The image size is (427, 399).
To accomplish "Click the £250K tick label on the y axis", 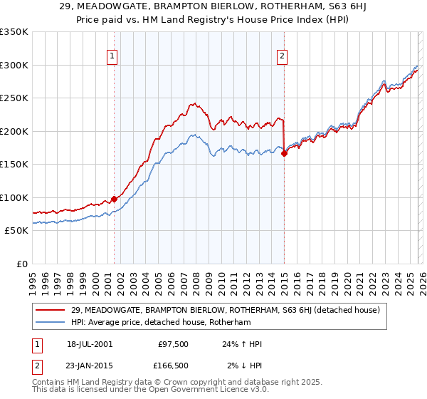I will point(14,98).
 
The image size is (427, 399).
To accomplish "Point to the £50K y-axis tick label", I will point(16,230).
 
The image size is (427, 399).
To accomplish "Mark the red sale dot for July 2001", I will point(114,199).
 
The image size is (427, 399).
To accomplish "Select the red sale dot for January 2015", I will point(284,153).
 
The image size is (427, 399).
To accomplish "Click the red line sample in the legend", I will point(51,310).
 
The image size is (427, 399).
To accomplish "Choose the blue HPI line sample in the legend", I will point(51,323).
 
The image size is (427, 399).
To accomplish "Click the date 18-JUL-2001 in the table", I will point(90,344).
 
